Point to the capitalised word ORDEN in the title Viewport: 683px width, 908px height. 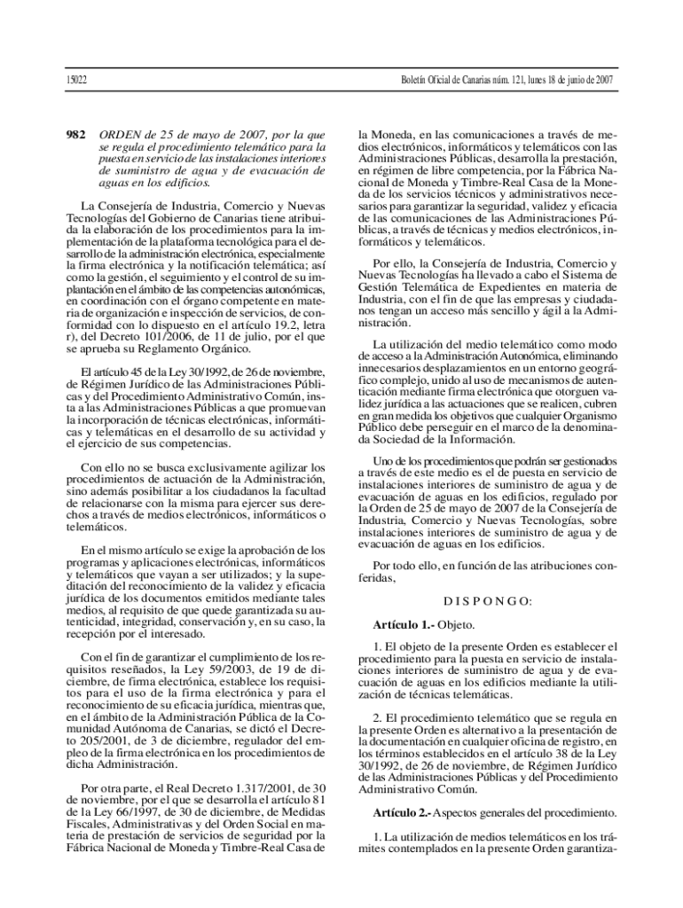coord(121,135)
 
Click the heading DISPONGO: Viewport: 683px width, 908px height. coord(488,601)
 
